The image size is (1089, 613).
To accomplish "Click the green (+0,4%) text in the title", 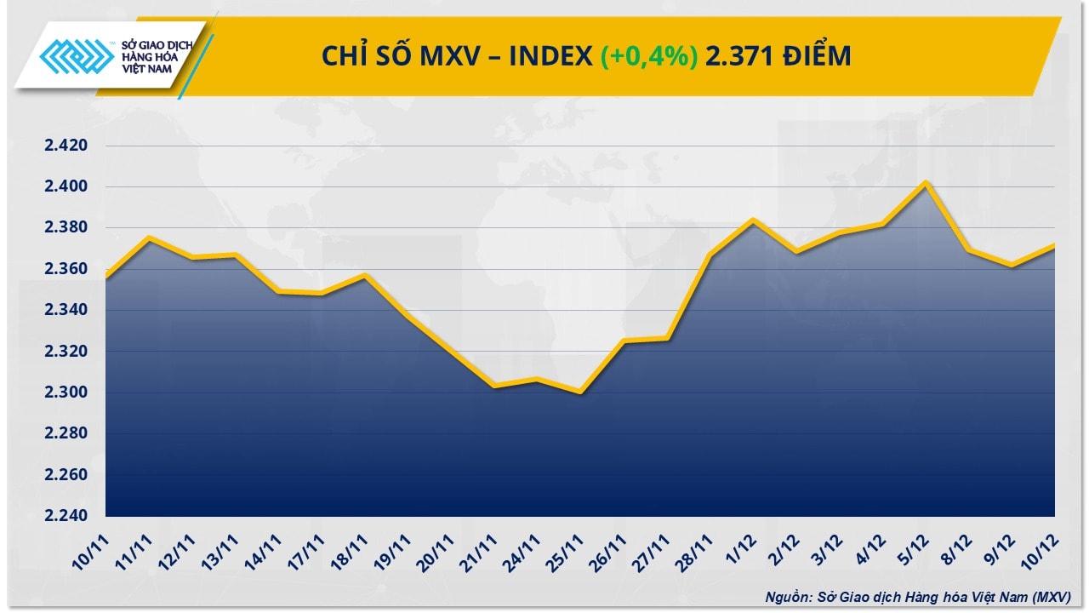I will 650,56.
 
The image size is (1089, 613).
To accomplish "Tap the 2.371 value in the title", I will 740,56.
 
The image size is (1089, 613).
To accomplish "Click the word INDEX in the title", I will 551,56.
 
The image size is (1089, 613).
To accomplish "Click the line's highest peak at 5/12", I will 925,182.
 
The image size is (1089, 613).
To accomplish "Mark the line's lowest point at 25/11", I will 580,392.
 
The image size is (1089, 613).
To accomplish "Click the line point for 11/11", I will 149,238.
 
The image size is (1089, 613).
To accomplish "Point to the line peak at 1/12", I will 752,220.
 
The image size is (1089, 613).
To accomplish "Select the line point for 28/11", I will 710,255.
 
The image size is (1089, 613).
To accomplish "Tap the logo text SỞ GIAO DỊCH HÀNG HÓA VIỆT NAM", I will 157,56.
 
